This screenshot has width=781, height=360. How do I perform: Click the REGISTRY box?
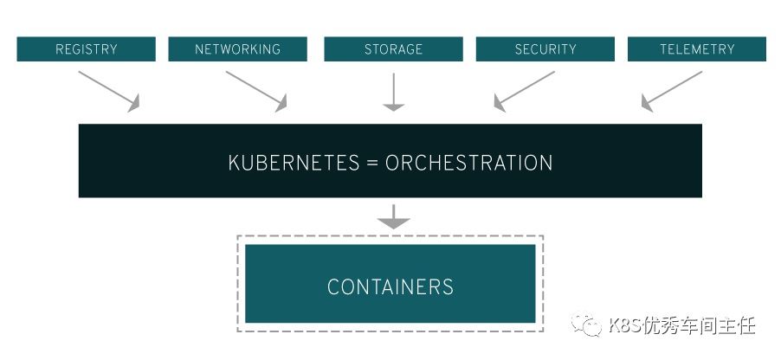87,49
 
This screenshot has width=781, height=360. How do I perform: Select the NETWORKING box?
237,49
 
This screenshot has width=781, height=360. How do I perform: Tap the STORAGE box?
393,49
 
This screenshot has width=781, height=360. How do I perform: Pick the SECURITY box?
545,49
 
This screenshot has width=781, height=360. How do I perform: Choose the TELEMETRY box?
696,49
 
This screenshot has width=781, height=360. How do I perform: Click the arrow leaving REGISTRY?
109,91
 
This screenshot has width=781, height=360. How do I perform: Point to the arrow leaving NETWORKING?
256,91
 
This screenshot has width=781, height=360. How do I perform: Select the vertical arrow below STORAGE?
394,92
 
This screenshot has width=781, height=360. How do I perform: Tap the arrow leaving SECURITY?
524,91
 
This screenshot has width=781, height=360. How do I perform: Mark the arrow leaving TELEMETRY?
671,91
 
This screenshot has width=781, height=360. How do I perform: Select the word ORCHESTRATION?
468,163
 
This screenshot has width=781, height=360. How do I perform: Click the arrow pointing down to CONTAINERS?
394,217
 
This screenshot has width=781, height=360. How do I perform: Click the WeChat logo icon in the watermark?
591,325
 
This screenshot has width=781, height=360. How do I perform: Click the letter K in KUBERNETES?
234,163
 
